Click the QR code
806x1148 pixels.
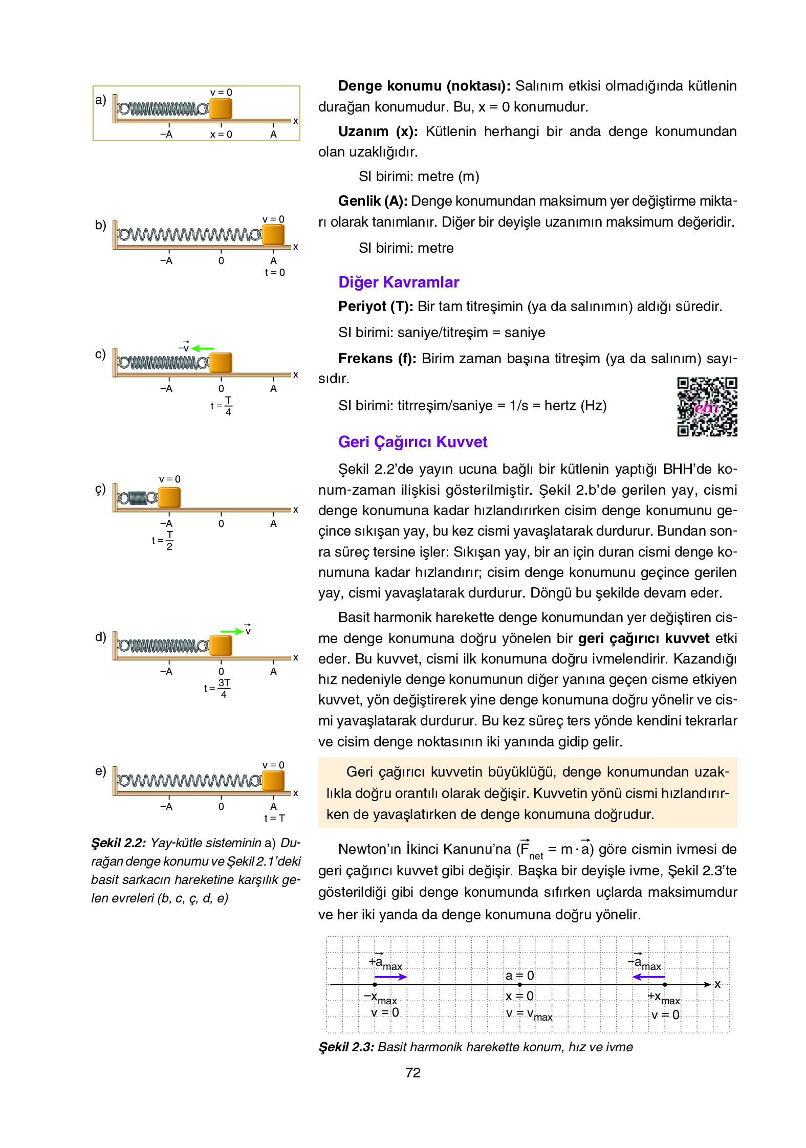pos(707,407)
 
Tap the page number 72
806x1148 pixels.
pos(412,1073)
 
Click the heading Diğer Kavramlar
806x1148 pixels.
pos(399,282)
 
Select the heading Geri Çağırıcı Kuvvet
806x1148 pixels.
pos(412,442)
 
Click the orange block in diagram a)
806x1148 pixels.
pos(221,108)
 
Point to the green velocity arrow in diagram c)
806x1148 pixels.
pos(203,348)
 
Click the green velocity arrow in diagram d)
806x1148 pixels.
pos(232,631)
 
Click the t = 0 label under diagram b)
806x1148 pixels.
pos(275,273)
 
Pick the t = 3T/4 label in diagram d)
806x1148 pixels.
pos(217,688)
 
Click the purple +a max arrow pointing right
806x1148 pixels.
pos(390,977)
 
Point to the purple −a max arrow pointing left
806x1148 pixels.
pos(648,977)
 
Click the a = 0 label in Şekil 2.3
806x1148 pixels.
pos(519,976)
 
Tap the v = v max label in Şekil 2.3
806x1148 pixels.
pos(529,1014)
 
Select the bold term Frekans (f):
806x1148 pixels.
pos(377,359)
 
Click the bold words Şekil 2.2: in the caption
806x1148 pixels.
pos(119,843)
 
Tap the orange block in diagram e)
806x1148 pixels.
pos(273,781)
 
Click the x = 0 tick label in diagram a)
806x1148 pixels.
pos(221,135)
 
